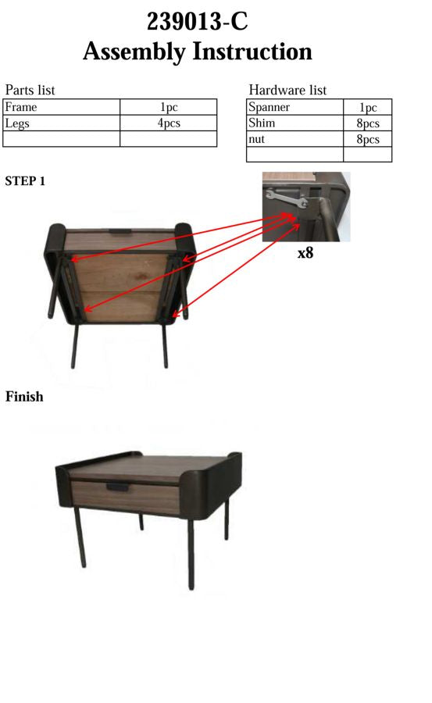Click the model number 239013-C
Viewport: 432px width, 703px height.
tap(197, 21)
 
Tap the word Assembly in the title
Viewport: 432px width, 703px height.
tap(134, 52)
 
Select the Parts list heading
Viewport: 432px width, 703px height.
tap(30, 90)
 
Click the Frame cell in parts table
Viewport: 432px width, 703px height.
tap(21, 107)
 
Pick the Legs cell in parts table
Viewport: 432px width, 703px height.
tap(17, 123)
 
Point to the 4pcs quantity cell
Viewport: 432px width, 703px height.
tap(168, 123)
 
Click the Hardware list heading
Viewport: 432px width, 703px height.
tap(287, 90)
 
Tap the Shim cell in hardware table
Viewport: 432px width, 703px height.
tap(262, 123)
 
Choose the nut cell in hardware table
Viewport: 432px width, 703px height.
tap(257, 139)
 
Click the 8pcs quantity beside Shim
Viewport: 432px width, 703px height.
tap(367, 123)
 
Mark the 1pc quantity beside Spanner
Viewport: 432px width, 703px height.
tap(367, 108)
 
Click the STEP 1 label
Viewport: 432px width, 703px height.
tap(25, 181)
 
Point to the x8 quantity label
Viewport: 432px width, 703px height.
tap(305, 253)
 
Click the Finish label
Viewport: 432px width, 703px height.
tap(24, 397)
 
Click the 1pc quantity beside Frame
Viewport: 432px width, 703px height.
tap(168, 107)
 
